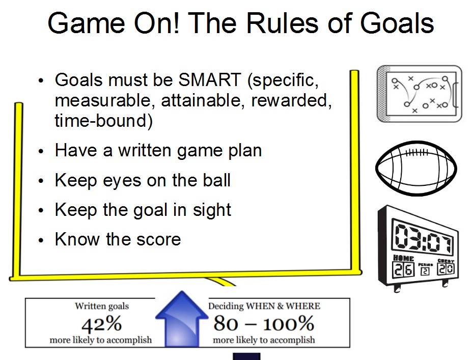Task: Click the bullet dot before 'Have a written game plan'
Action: click(x=41, y=152)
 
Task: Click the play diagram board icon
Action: click(x=419, y=93)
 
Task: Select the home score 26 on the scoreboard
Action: click(x=402, y=270)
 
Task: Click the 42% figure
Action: click(x=101, y=323)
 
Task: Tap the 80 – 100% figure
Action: click(x=264, y=323)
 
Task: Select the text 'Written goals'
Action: click(x=102, y=306)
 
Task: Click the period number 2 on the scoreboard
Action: click(x=425, y=271)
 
